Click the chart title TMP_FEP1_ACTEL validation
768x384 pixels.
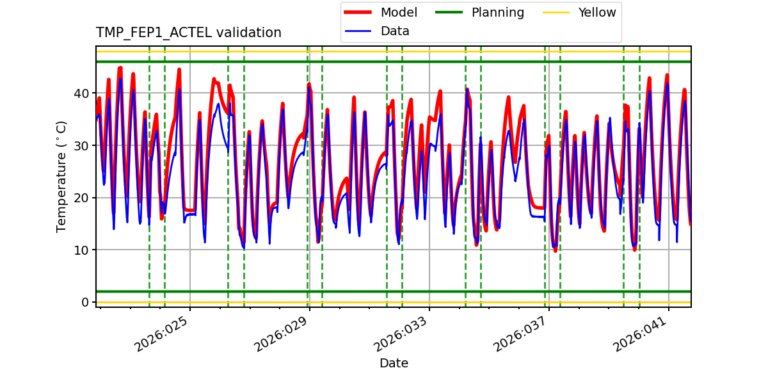point(188,33)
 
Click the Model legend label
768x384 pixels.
point(399,13)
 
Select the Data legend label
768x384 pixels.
point(395,31)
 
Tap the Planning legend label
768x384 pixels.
point(497,13)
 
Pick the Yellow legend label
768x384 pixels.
point(596,13)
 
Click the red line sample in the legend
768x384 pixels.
point(360,13)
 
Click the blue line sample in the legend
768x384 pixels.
point(360,31)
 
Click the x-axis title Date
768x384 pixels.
point(394,364)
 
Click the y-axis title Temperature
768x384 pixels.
point(61,176)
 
